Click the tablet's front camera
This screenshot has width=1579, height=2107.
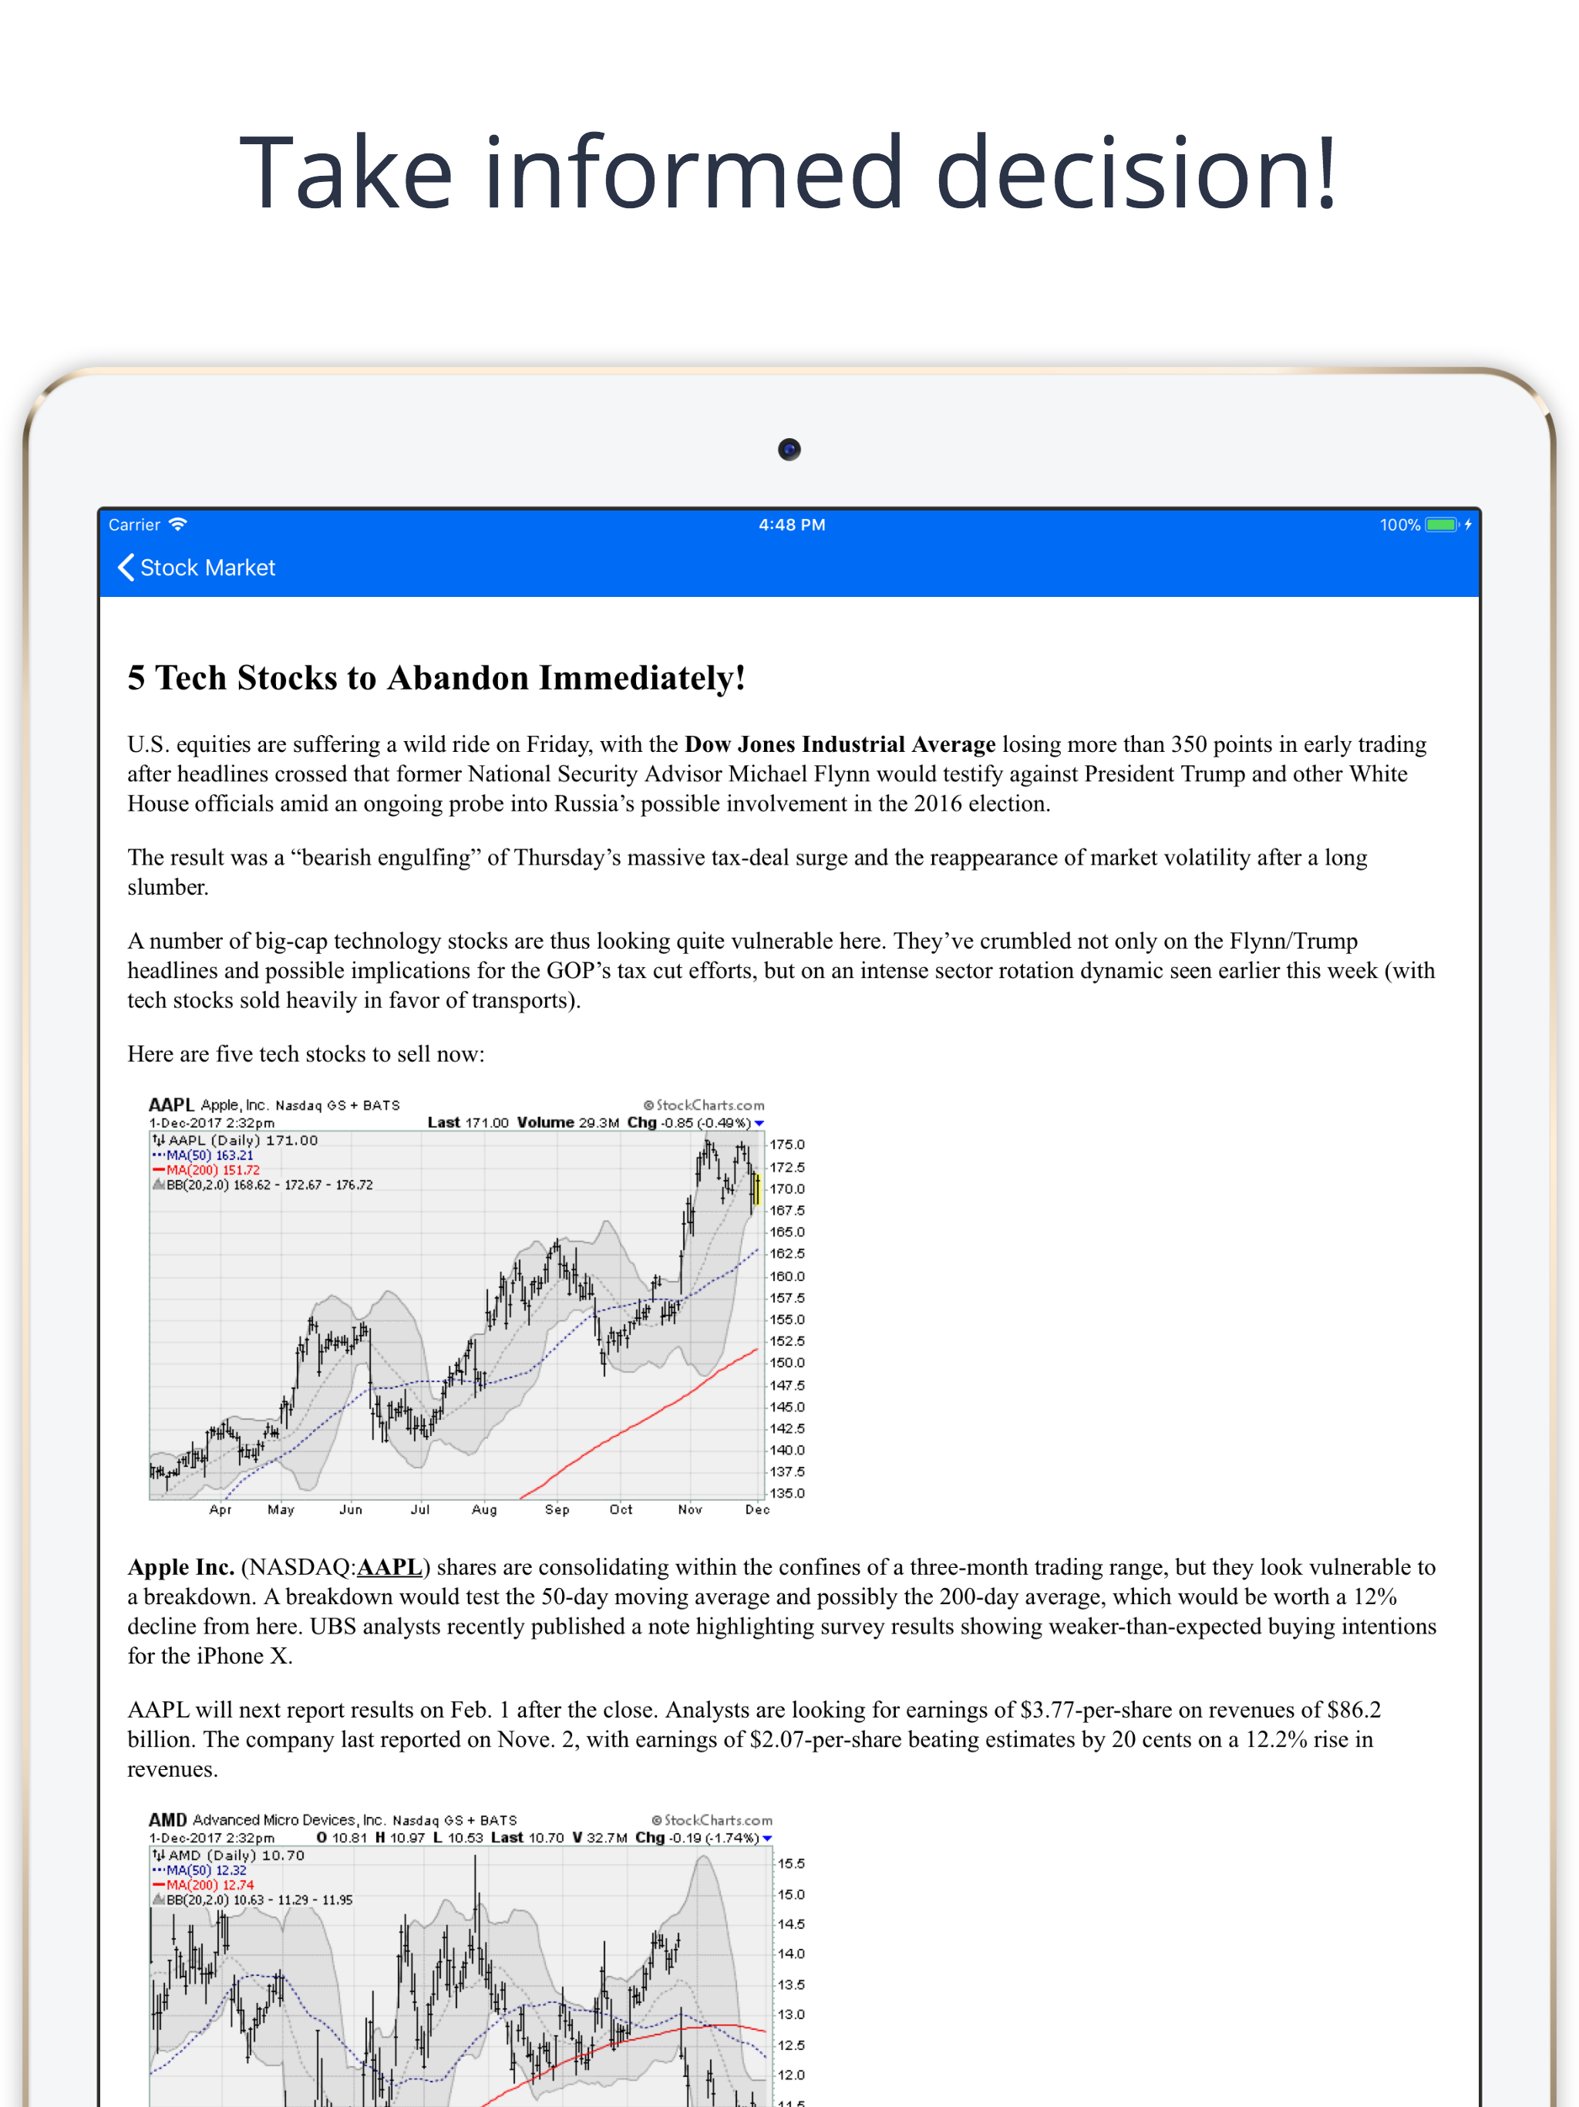(789, 449)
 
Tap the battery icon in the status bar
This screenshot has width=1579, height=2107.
(1441, 525)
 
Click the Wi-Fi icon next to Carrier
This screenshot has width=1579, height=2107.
(178, 525)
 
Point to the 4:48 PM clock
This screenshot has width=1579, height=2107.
(791, 525)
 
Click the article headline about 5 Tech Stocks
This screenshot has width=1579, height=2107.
(436, 678)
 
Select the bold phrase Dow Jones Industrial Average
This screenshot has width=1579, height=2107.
(840, 744)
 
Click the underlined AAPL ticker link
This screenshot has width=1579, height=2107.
(389, 1567)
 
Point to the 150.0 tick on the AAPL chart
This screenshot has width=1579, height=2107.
(786, 1363)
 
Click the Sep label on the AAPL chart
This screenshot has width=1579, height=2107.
(557, 1510)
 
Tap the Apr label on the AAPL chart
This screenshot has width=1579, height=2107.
(220, 1510)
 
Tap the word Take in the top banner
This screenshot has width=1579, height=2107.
(345, 174)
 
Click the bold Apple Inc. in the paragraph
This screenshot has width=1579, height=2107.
(181, 1567)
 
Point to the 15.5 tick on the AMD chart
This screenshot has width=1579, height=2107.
(790, 1863)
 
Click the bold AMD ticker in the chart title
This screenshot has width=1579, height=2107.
(167, 1819)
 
